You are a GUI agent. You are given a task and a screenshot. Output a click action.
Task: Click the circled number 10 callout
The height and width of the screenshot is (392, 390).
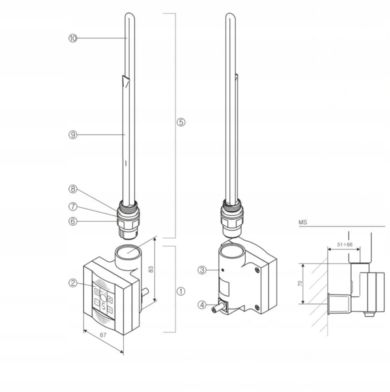point(73,38)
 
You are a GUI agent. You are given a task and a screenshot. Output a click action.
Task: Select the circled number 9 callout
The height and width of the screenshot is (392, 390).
point(73,135)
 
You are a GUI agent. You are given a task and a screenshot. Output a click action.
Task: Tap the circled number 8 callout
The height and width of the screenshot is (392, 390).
point(73,189)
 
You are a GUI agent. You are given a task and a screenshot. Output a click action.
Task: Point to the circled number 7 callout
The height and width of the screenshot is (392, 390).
point(73,206)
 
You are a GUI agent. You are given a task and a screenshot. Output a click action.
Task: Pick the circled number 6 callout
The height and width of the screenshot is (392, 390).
point(73,221)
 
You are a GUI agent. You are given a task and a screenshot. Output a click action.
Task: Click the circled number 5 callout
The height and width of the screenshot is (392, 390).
point(181,122)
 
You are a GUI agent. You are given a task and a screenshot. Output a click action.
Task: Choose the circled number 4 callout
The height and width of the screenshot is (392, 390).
point(202,305)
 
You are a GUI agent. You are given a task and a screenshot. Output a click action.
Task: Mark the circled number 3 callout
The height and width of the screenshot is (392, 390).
point(202,270)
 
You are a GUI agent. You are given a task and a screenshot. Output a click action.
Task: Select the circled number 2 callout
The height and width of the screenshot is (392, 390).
point(73,283)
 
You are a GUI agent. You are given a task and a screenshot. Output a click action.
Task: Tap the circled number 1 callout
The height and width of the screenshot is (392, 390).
point(181,291)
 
